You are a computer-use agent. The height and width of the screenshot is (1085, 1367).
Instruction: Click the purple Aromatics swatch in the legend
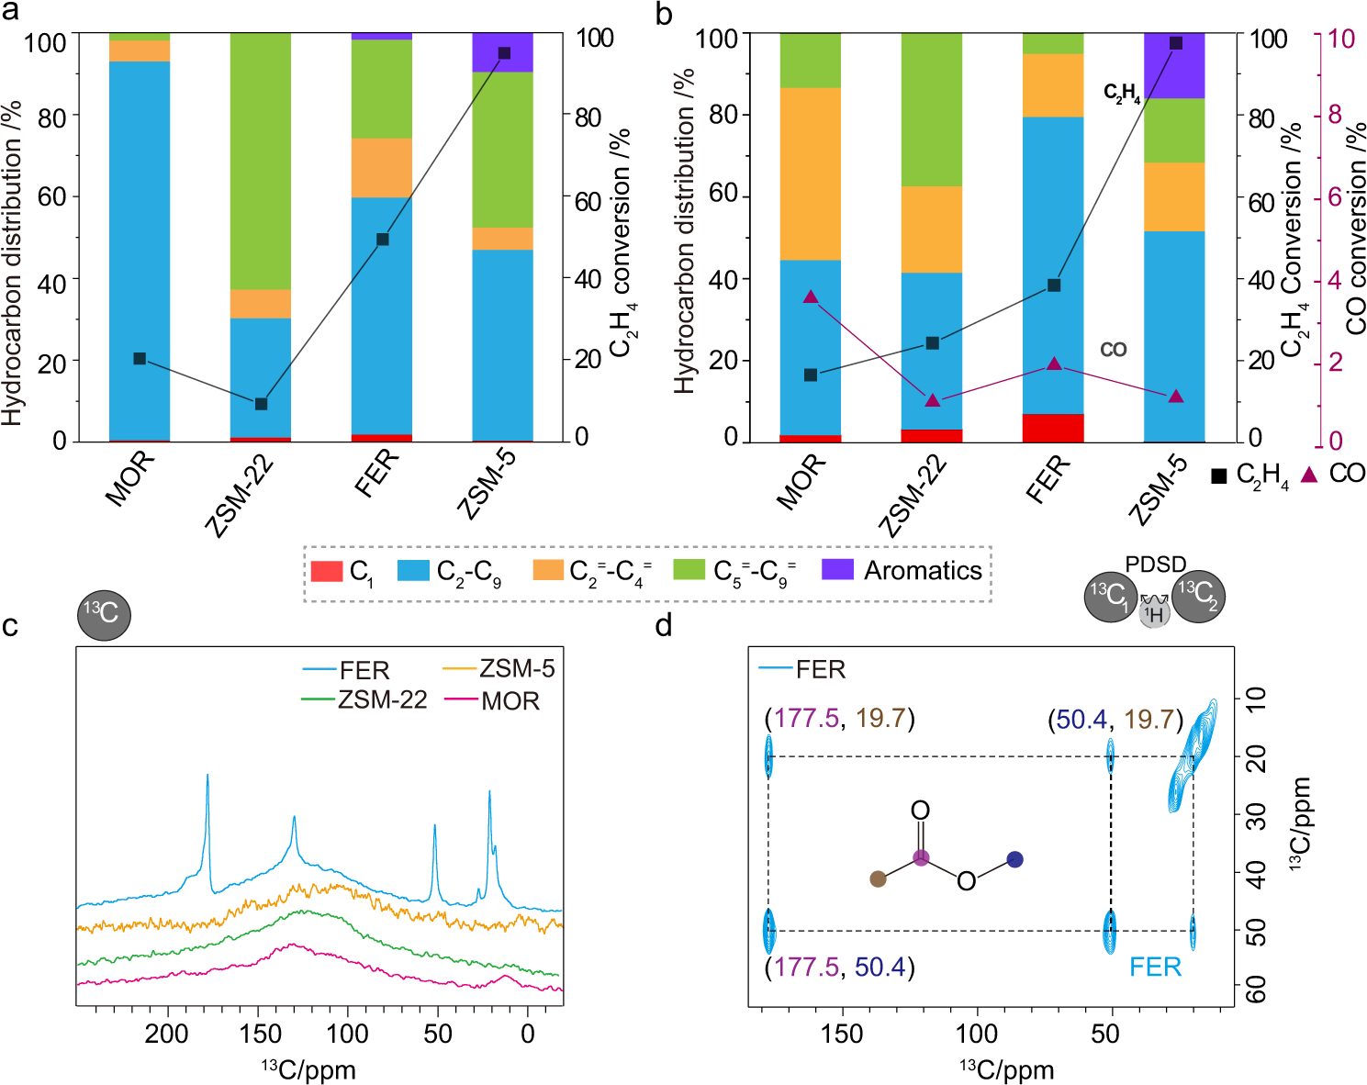click(x=836, y=569)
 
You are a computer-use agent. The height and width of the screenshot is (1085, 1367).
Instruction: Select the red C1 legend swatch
click(x=327, y=570)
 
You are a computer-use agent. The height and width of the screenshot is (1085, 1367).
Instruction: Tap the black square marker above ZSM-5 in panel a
click(x=504, y=53)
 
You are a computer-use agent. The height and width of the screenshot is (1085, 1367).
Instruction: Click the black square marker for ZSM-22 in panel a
click(x=261, y=404)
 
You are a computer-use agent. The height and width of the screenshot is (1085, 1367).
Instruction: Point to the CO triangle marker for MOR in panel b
click(x=811, y=296)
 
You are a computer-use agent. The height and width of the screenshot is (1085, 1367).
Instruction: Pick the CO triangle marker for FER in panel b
click(x=1054, y=364)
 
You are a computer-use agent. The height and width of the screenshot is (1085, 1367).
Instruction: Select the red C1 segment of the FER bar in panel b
click(x=1054, y=428)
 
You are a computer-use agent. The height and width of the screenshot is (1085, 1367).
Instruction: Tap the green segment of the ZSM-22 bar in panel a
click(x=261, y=161)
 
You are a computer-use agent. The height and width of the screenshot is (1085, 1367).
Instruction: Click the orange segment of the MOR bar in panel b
click(x=811, y=173)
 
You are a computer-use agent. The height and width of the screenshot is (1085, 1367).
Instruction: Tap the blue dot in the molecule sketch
click(x=1014, y=859)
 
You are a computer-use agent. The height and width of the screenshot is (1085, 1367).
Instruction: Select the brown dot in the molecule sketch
click(x=878, y=878)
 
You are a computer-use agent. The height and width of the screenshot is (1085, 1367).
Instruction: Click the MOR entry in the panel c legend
click(x=510, y=701)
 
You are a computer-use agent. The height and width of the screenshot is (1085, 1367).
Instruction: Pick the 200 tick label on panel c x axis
click(x=166, y=1034)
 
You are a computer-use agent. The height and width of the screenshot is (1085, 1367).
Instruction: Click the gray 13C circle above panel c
click(x=104, y=614)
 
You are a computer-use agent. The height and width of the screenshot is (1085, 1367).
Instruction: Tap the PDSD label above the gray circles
click(x=1155, y=565)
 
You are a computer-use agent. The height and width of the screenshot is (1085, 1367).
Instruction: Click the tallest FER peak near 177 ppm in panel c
click(x=207, y=777)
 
